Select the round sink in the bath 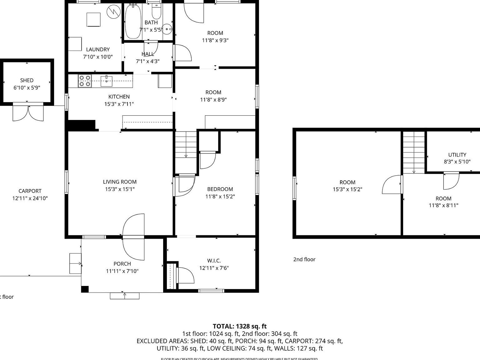point(168,29)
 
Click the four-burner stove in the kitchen point(84,81)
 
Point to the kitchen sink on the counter point(107,81)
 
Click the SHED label point(27,80)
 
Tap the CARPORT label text point(30,191)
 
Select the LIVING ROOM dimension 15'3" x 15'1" point(120,189)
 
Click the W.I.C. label point(214,261)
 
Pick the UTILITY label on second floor point(457,155)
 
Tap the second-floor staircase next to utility point(414,152)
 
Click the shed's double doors point(28,113)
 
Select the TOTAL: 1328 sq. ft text point(240,327)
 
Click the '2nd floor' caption point(304,259)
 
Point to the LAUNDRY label point(98,49)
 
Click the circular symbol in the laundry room point(113,12)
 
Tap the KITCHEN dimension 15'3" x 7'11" point(119,104)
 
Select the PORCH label point(122,264)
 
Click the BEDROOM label point(220,189)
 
